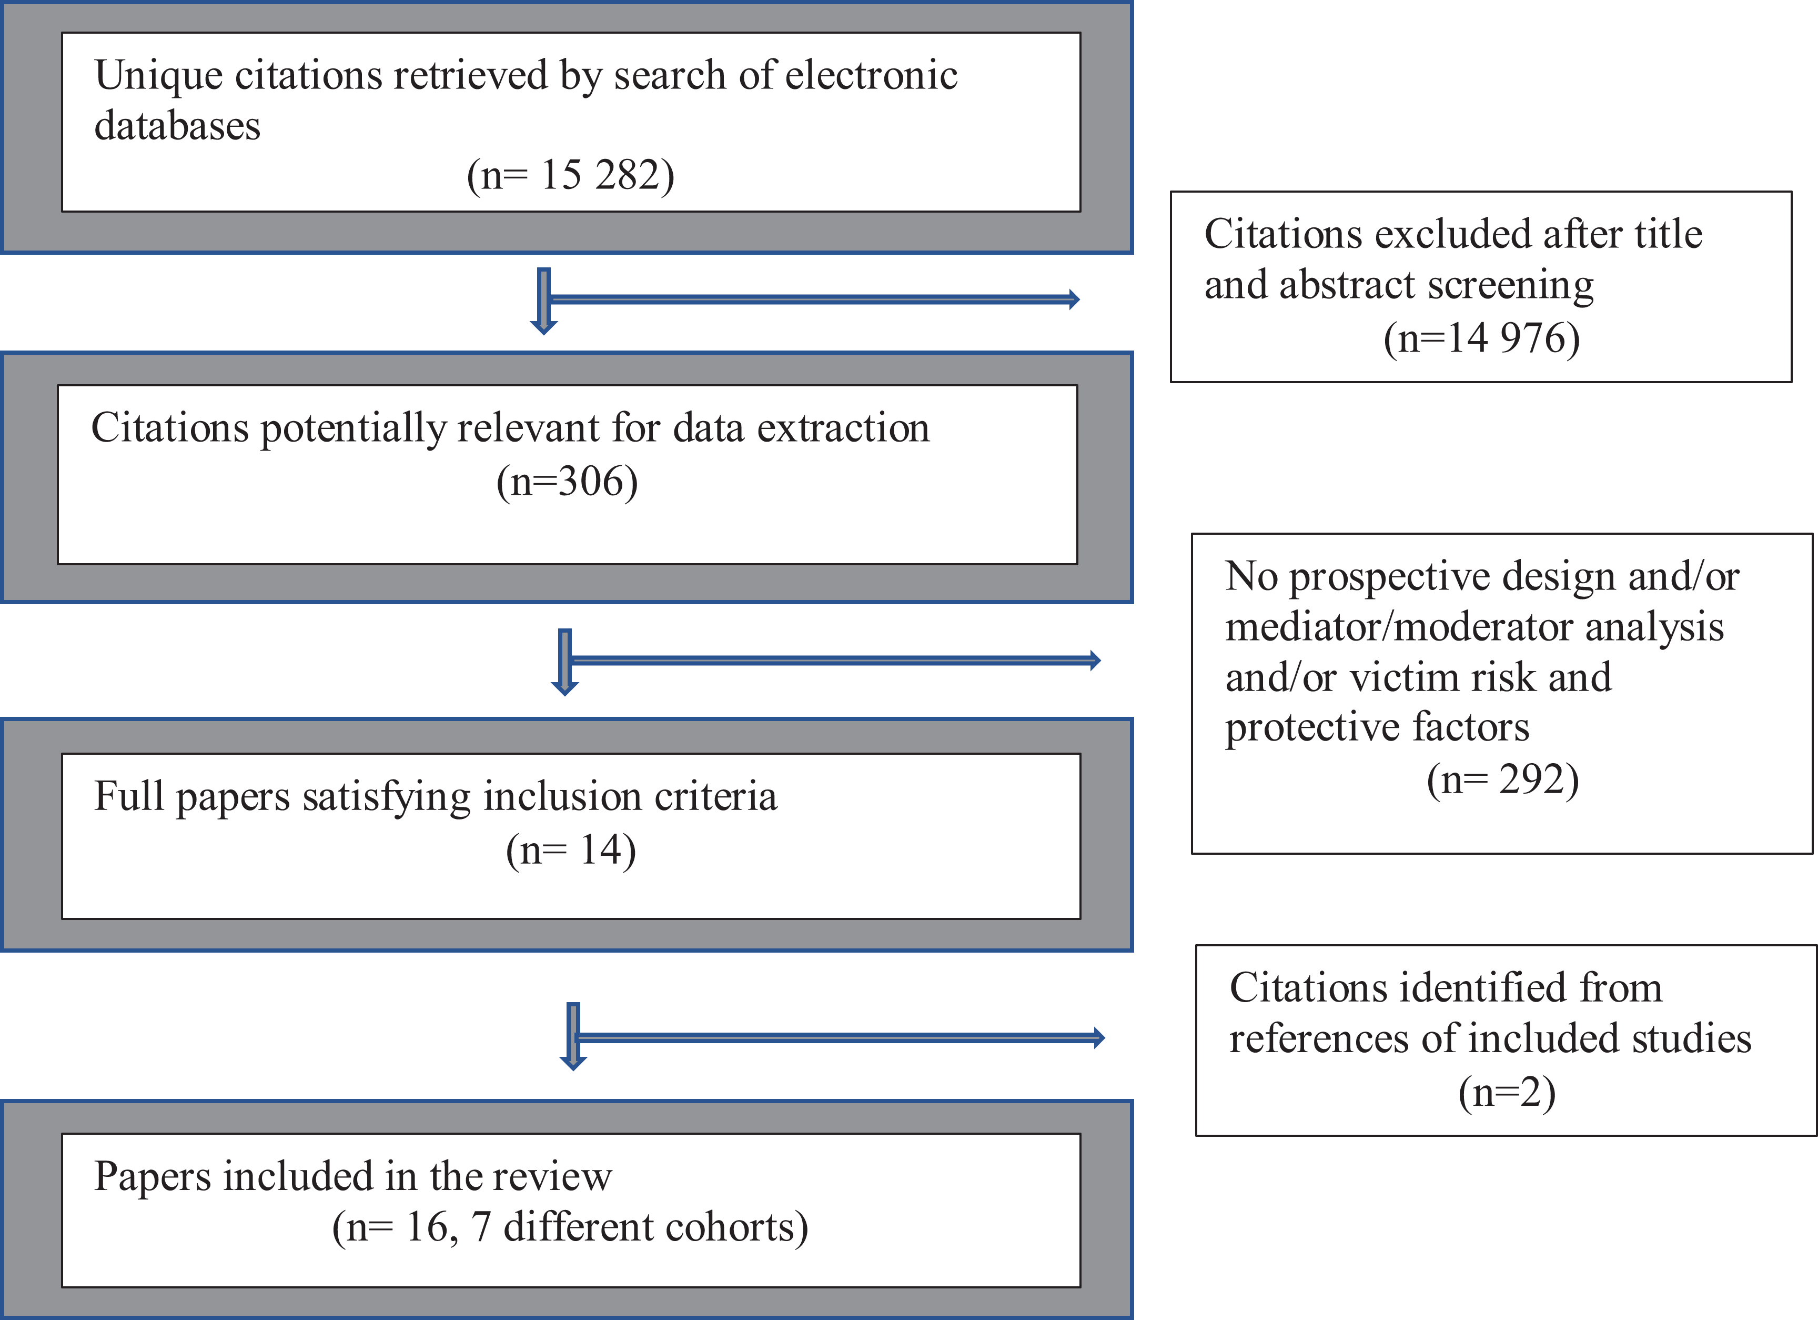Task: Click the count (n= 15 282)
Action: pyautogui.click(x=571, y=175)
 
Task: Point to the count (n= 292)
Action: pyautogui.click(x=1503, y=779)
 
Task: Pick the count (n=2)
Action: pyautogui.click(x=1507, y=1092)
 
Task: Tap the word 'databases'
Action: pyautogui.click(x=177, y=125)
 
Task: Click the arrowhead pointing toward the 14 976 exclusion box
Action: pyautogui.click(x=1074, y=299)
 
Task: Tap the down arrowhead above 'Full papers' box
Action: pyautogui.click(x=565, y=687)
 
